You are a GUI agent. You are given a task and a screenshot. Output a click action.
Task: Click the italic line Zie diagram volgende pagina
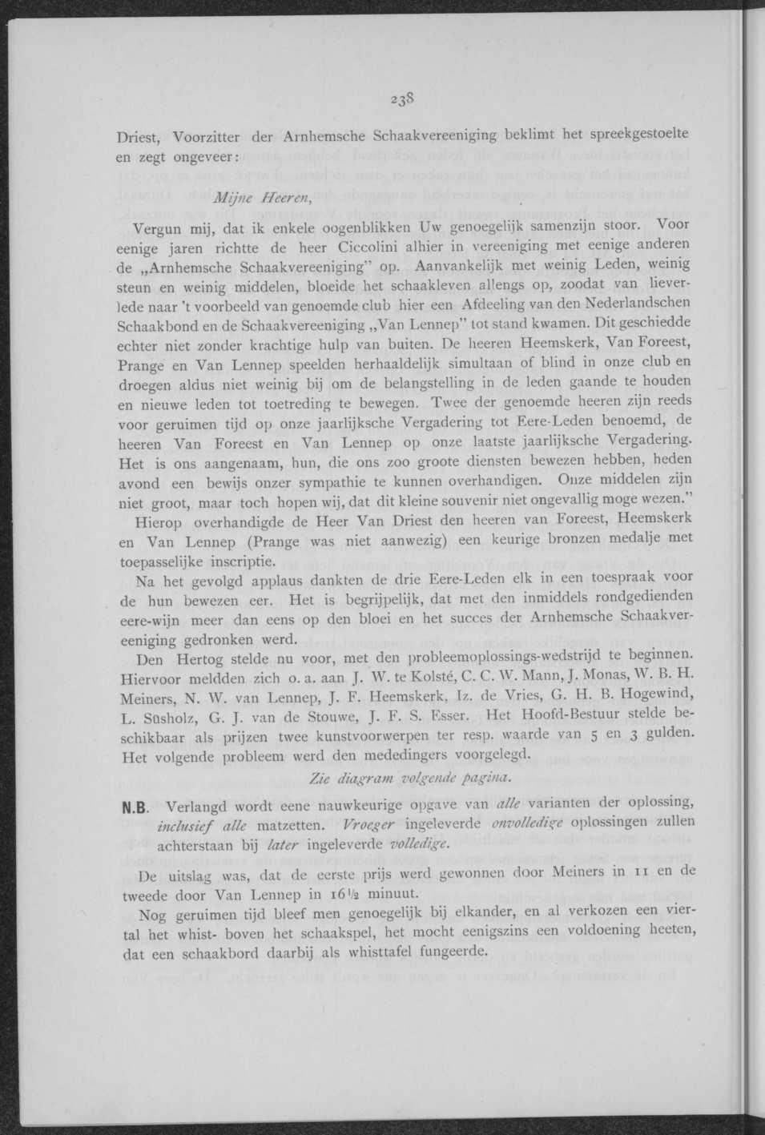tap(409, 778)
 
